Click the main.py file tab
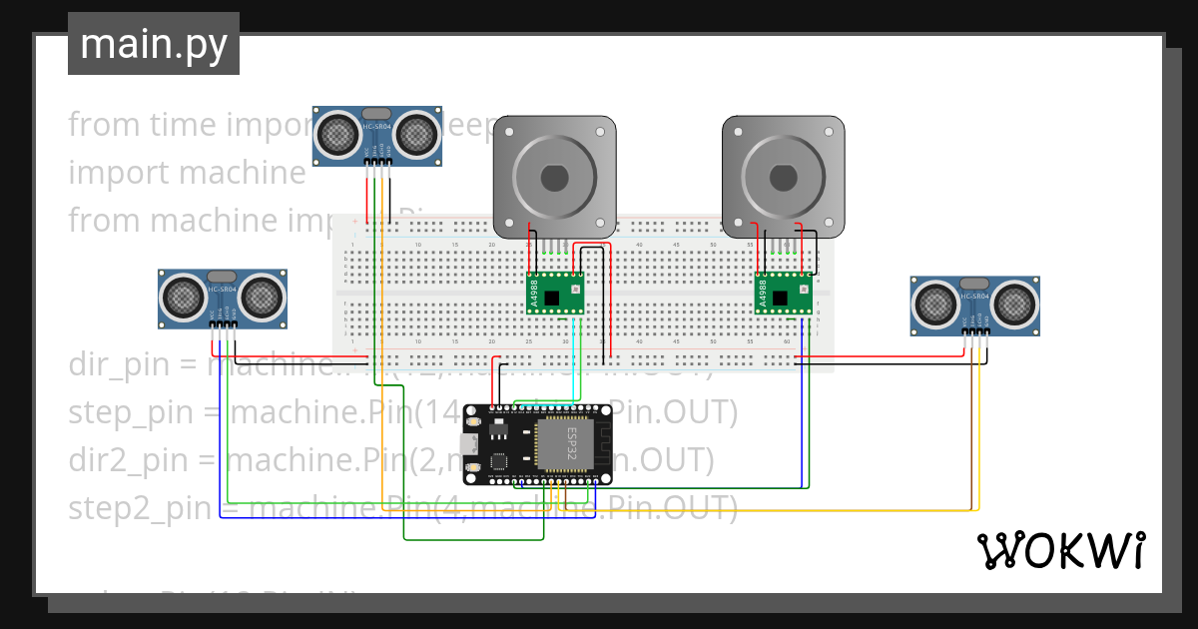click(x=153, y=44)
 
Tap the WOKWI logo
click(x=1060, y=550)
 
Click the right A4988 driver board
click(x=783, y=293)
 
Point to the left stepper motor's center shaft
click(x=555, y=177)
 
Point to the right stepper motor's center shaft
click(x=783, y=177)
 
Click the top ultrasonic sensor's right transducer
click(x=416, y=133)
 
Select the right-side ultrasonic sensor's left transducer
click(x=936, y=303)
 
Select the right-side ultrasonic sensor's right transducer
click(x=1013, y=303)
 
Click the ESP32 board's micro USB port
click(x=469, y=445)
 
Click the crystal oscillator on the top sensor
click(x=377, y=114)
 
